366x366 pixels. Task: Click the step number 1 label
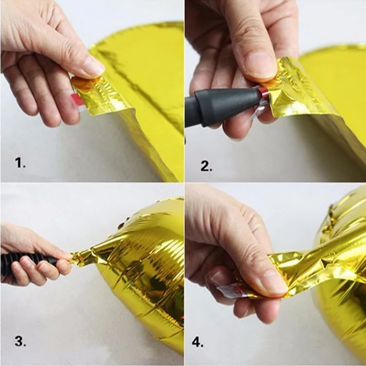point(20,163)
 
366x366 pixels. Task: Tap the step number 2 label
point(206,166)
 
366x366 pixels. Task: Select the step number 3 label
point(20,341)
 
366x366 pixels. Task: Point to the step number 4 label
point(198,342)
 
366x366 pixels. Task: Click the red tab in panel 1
point(76,100)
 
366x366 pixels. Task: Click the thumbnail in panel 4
point(274,283)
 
